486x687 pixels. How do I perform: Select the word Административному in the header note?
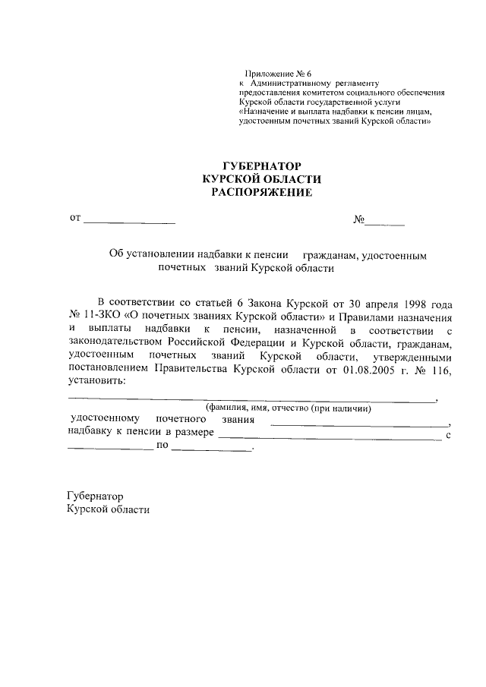(295, 83)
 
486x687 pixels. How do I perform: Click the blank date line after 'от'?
(129, 222)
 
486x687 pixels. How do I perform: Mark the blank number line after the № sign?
(385, 223)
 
